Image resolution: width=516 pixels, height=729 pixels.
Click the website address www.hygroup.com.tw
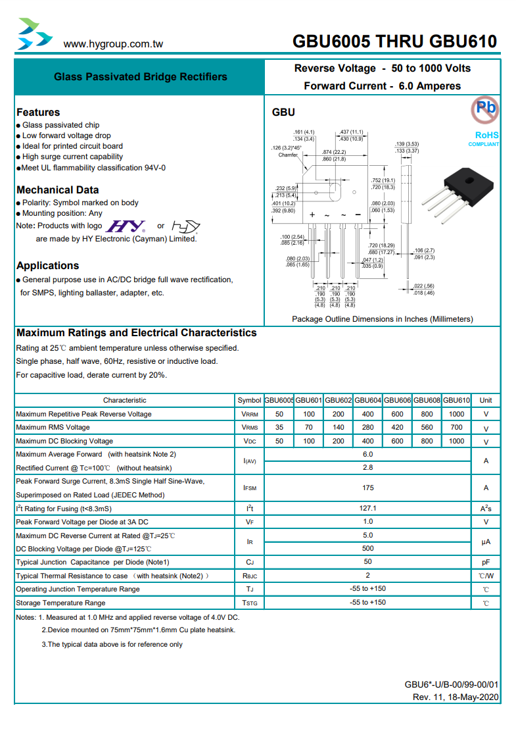(x=113, y=44)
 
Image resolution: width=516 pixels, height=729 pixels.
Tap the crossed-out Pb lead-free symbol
(x=485, y=109)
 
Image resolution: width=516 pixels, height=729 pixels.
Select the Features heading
(x=38, y=113)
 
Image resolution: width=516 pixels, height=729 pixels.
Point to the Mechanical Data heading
(x=58, y=190)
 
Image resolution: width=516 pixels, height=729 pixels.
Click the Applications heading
(x=47, y=266)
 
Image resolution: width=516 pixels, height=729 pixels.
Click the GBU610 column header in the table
(x=456, y=400)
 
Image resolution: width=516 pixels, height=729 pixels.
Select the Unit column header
(x=486, y=400)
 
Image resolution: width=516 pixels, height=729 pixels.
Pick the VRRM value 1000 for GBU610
(x=456, y=414)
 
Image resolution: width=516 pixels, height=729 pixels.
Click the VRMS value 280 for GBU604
(x=367, y=428)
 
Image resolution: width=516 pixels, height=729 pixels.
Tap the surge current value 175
(x=367, y=488)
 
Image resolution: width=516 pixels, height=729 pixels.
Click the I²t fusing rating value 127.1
(x=367, y=509)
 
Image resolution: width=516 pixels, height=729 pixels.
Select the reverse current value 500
(x=367, y=549)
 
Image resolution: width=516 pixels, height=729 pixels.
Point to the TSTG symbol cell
(x=250, y=603)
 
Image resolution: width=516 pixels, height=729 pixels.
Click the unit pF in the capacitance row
(x=486, y=563)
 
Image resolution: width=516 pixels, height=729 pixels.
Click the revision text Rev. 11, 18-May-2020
(x=456, y=697)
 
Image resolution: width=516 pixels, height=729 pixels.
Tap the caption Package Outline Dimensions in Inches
(x=382, y=319)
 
